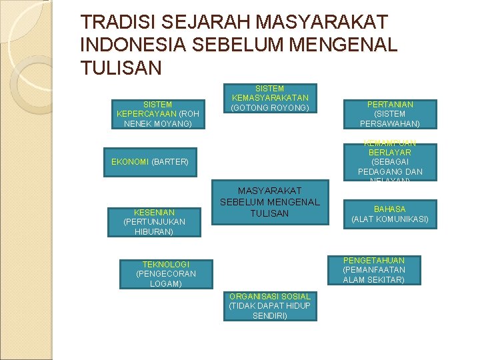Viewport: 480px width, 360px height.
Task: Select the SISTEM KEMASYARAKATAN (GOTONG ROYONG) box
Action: [270, 98]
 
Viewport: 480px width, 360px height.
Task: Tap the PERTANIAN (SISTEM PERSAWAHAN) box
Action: [390, 114]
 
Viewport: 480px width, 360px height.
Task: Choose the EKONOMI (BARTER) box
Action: [150, 162]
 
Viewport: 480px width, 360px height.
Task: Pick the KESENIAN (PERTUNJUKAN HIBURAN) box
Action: [154, 222]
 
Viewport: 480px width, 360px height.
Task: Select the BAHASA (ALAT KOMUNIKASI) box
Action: [390, 214]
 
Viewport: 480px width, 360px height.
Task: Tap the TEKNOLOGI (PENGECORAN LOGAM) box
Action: [161, 274]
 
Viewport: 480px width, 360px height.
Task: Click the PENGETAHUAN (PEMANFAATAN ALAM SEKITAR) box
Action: [373, 270]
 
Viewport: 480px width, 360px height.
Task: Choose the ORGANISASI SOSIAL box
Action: [269, 305]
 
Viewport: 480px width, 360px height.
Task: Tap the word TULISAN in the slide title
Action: [121, 67]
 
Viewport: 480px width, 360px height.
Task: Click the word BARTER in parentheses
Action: [170, 162]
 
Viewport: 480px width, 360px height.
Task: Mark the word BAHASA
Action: [390, 209]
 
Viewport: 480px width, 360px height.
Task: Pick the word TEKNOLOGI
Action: [161, 265]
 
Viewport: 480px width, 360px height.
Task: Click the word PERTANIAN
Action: [390, 105]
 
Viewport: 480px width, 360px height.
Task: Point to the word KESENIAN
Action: [154, 213]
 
